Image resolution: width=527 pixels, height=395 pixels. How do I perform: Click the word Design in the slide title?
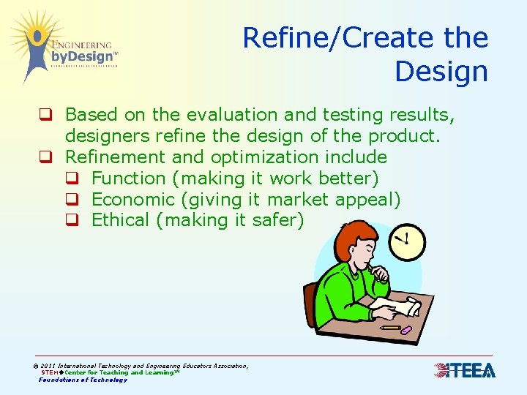coord(441,72)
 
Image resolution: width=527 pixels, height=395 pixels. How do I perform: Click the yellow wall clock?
coord(406,241)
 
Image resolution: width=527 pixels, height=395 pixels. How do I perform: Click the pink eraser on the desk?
coord(406,331)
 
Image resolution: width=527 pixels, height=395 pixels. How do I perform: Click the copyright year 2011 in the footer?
coord(49,366)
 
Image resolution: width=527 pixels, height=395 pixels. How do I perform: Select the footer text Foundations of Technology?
coord(83,380)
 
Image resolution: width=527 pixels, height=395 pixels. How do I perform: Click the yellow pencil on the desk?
coord(389,328)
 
